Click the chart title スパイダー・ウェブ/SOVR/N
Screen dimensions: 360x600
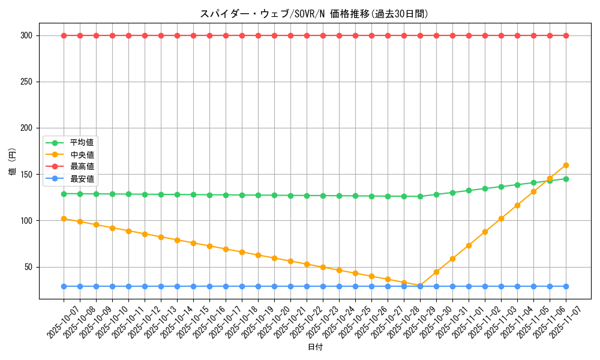(x=314, y=14)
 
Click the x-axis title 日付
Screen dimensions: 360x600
(x=314, y=347)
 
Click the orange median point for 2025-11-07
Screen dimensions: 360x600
(x=566, y=165)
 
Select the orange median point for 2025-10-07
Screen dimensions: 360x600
(x=64, y=218)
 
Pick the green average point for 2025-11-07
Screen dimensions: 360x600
(x=566, y=179)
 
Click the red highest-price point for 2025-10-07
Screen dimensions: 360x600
(x=64, y=35)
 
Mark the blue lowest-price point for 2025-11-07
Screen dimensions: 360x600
(x=566, y=286)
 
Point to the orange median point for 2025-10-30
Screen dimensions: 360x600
(x=436, y=272)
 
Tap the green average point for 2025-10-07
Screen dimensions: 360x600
(x=64, y=194)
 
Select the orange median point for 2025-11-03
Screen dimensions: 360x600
(x=501, y=218)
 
